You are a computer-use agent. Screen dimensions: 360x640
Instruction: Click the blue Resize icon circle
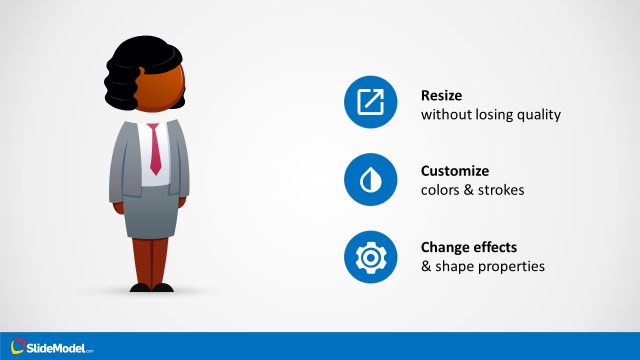(x=370, y=103)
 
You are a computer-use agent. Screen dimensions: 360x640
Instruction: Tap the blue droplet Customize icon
(x=370, y=179)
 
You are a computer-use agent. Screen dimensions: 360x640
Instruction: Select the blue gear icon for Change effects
(x=370, y=256)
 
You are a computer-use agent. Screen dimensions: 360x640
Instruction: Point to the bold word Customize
(x=456, y=170)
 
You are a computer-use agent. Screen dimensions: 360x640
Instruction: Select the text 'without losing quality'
(x=491, y=114)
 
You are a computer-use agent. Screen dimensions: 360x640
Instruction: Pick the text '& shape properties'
(x=482, y=266)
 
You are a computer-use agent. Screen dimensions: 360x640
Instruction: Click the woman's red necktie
(x=155, y=150)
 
